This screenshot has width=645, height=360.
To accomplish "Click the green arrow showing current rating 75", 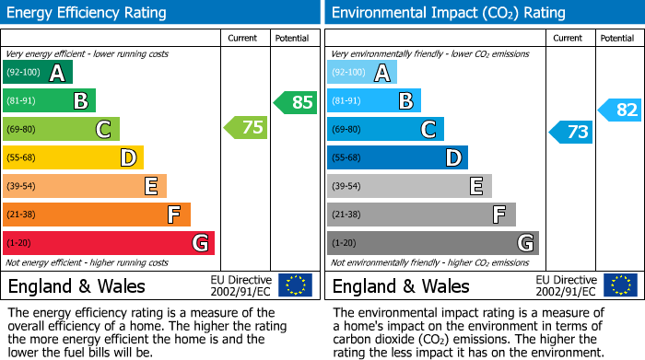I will (246, 128).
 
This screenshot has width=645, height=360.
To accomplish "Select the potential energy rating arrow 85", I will (295, 102).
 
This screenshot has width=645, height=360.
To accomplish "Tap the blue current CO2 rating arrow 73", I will (571, 132).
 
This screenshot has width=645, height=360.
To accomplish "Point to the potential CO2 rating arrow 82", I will (620, 110).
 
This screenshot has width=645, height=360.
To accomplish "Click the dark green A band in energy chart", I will (38, 73).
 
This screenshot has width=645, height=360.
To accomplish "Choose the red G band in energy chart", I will (109, 243).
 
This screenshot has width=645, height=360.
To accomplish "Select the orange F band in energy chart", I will (97, 215).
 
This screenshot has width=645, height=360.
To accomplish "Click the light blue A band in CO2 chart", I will (362, 73).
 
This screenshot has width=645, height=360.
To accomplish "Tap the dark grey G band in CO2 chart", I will (433, 243).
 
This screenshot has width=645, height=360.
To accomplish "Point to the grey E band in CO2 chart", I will (409, 186).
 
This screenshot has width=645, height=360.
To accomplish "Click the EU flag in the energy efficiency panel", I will (296, 285).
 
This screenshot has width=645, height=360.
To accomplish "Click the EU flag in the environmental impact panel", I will (620, 285).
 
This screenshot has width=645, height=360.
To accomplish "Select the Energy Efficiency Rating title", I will (88, 13).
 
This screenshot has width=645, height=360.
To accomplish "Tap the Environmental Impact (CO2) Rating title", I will (448, 13).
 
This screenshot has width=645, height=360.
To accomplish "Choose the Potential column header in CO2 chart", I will (617, 38).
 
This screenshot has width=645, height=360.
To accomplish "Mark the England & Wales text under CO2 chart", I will (401, 285).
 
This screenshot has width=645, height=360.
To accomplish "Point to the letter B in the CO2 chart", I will (405, 101).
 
